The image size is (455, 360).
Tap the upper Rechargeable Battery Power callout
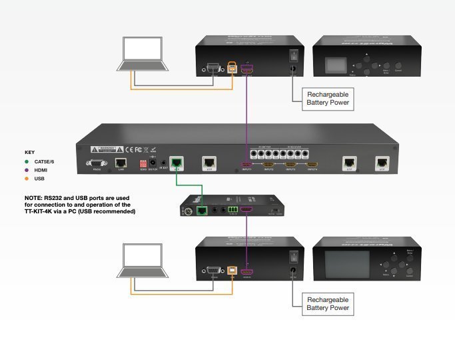pyautogui.click(x=327, y=99)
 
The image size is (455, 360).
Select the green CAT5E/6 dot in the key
pyautogui.click(x=28, y=161)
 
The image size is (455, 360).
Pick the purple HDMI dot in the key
pyautogui.click(x=28, y=169)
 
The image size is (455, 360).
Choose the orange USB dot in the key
pyautogui.click(x=28, y=178)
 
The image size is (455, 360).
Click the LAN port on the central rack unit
pyautogui.click(x=121, y=163)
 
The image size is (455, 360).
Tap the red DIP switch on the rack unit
pyautogui.click(x=142, y=163)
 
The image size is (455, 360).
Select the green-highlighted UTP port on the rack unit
pyautogui.click(x=176, y=162)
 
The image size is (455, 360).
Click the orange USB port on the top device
pyautogui.click(x=232, y=67)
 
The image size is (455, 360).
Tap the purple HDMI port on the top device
pyautogui.click(x=247, y=67)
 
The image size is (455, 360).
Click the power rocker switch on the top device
pyautogui.click(x=292, y=57)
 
